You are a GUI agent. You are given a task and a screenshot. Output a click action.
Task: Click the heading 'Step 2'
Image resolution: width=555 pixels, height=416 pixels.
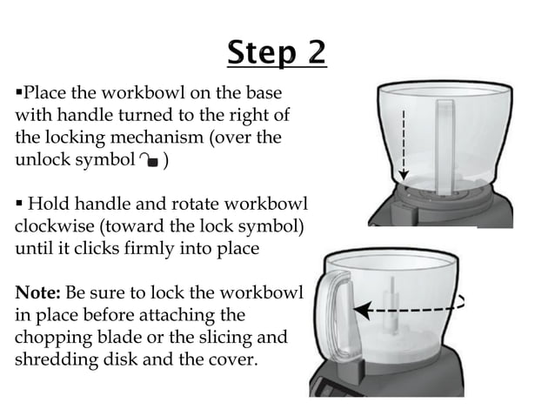tap(277, 54)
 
